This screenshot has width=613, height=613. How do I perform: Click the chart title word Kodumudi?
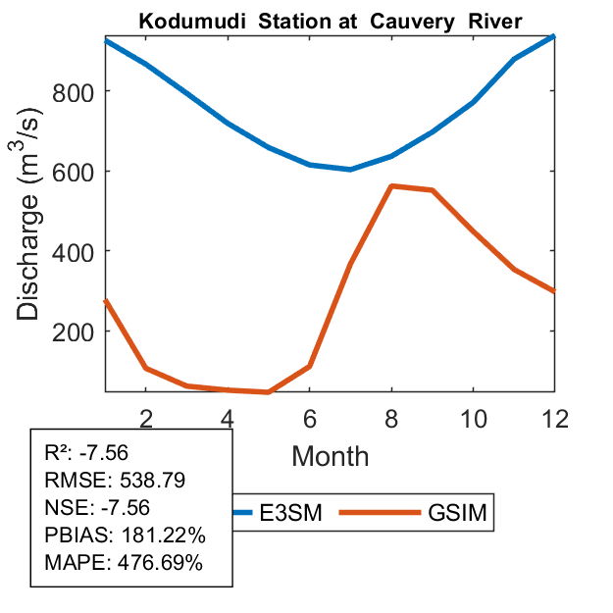coord(181,21)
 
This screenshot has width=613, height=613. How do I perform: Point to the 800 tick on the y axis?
coord(75,91)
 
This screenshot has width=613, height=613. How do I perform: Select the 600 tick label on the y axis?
coord(75,172)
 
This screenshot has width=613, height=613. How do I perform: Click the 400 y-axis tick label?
coord(75,251)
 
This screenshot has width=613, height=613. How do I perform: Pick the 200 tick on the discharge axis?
coord(75,332)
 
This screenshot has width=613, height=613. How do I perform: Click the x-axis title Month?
coord(330,456)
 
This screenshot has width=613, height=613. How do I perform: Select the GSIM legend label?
coord(457,513)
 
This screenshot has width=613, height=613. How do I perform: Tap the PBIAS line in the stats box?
coord(125,536)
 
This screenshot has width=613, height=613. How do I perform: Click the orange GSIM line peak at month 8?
coord(391,185)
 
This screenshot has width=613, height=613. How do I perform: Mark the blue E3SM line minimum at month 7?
coord(350,169)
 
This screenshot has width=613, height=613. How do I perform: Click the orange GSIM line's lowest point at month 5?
coord(268,391)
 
